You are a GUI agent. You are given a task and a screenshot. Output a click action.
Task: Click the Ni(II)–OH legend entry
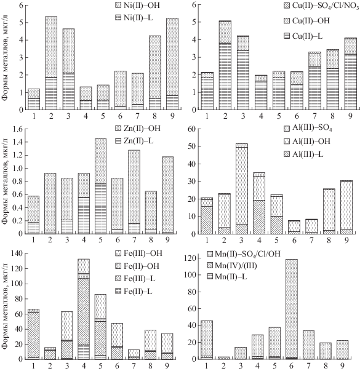[x=137, y=5]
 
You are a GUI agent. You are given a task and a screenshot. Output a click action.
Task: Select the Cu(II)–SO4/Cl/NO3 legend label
[x=321, y=6]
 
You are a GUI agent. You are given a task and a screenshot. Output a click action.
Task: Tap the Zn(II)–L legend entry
[x=134, y=141]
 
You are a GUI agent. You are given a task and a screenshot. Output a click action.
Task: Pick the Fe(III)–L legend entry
[x=135, y=279]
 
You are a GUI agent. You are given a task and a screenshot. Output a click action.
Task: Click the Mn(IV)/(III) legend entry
[x=232, y=266]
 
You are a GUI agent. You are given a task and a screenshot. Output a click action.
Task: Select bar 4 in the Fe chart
[x=83, y=309]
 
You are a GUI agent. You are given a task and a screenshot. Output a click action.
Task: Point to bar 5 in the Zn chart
[x=100, y=186]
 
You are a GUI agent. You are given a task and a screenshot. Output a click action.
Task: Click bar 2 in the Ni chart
[x=51, y=63]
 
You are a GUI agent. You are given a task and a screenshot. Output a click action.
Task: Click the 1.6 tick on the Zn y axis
[x=18, y=129]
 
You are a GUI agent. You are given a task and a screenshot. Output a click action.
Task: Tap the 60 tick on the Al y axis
[x=191, y=129]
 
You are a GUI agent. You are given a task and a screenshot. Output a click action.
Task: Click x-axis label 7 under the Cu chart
[x=314, y=116]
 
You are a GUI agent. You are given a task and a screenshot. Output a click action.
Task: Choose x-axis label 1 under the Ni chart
[x=34, y=116]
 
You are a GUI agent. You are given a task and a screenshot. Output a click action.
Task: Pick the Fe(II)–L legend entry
[x=134, y=292]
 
